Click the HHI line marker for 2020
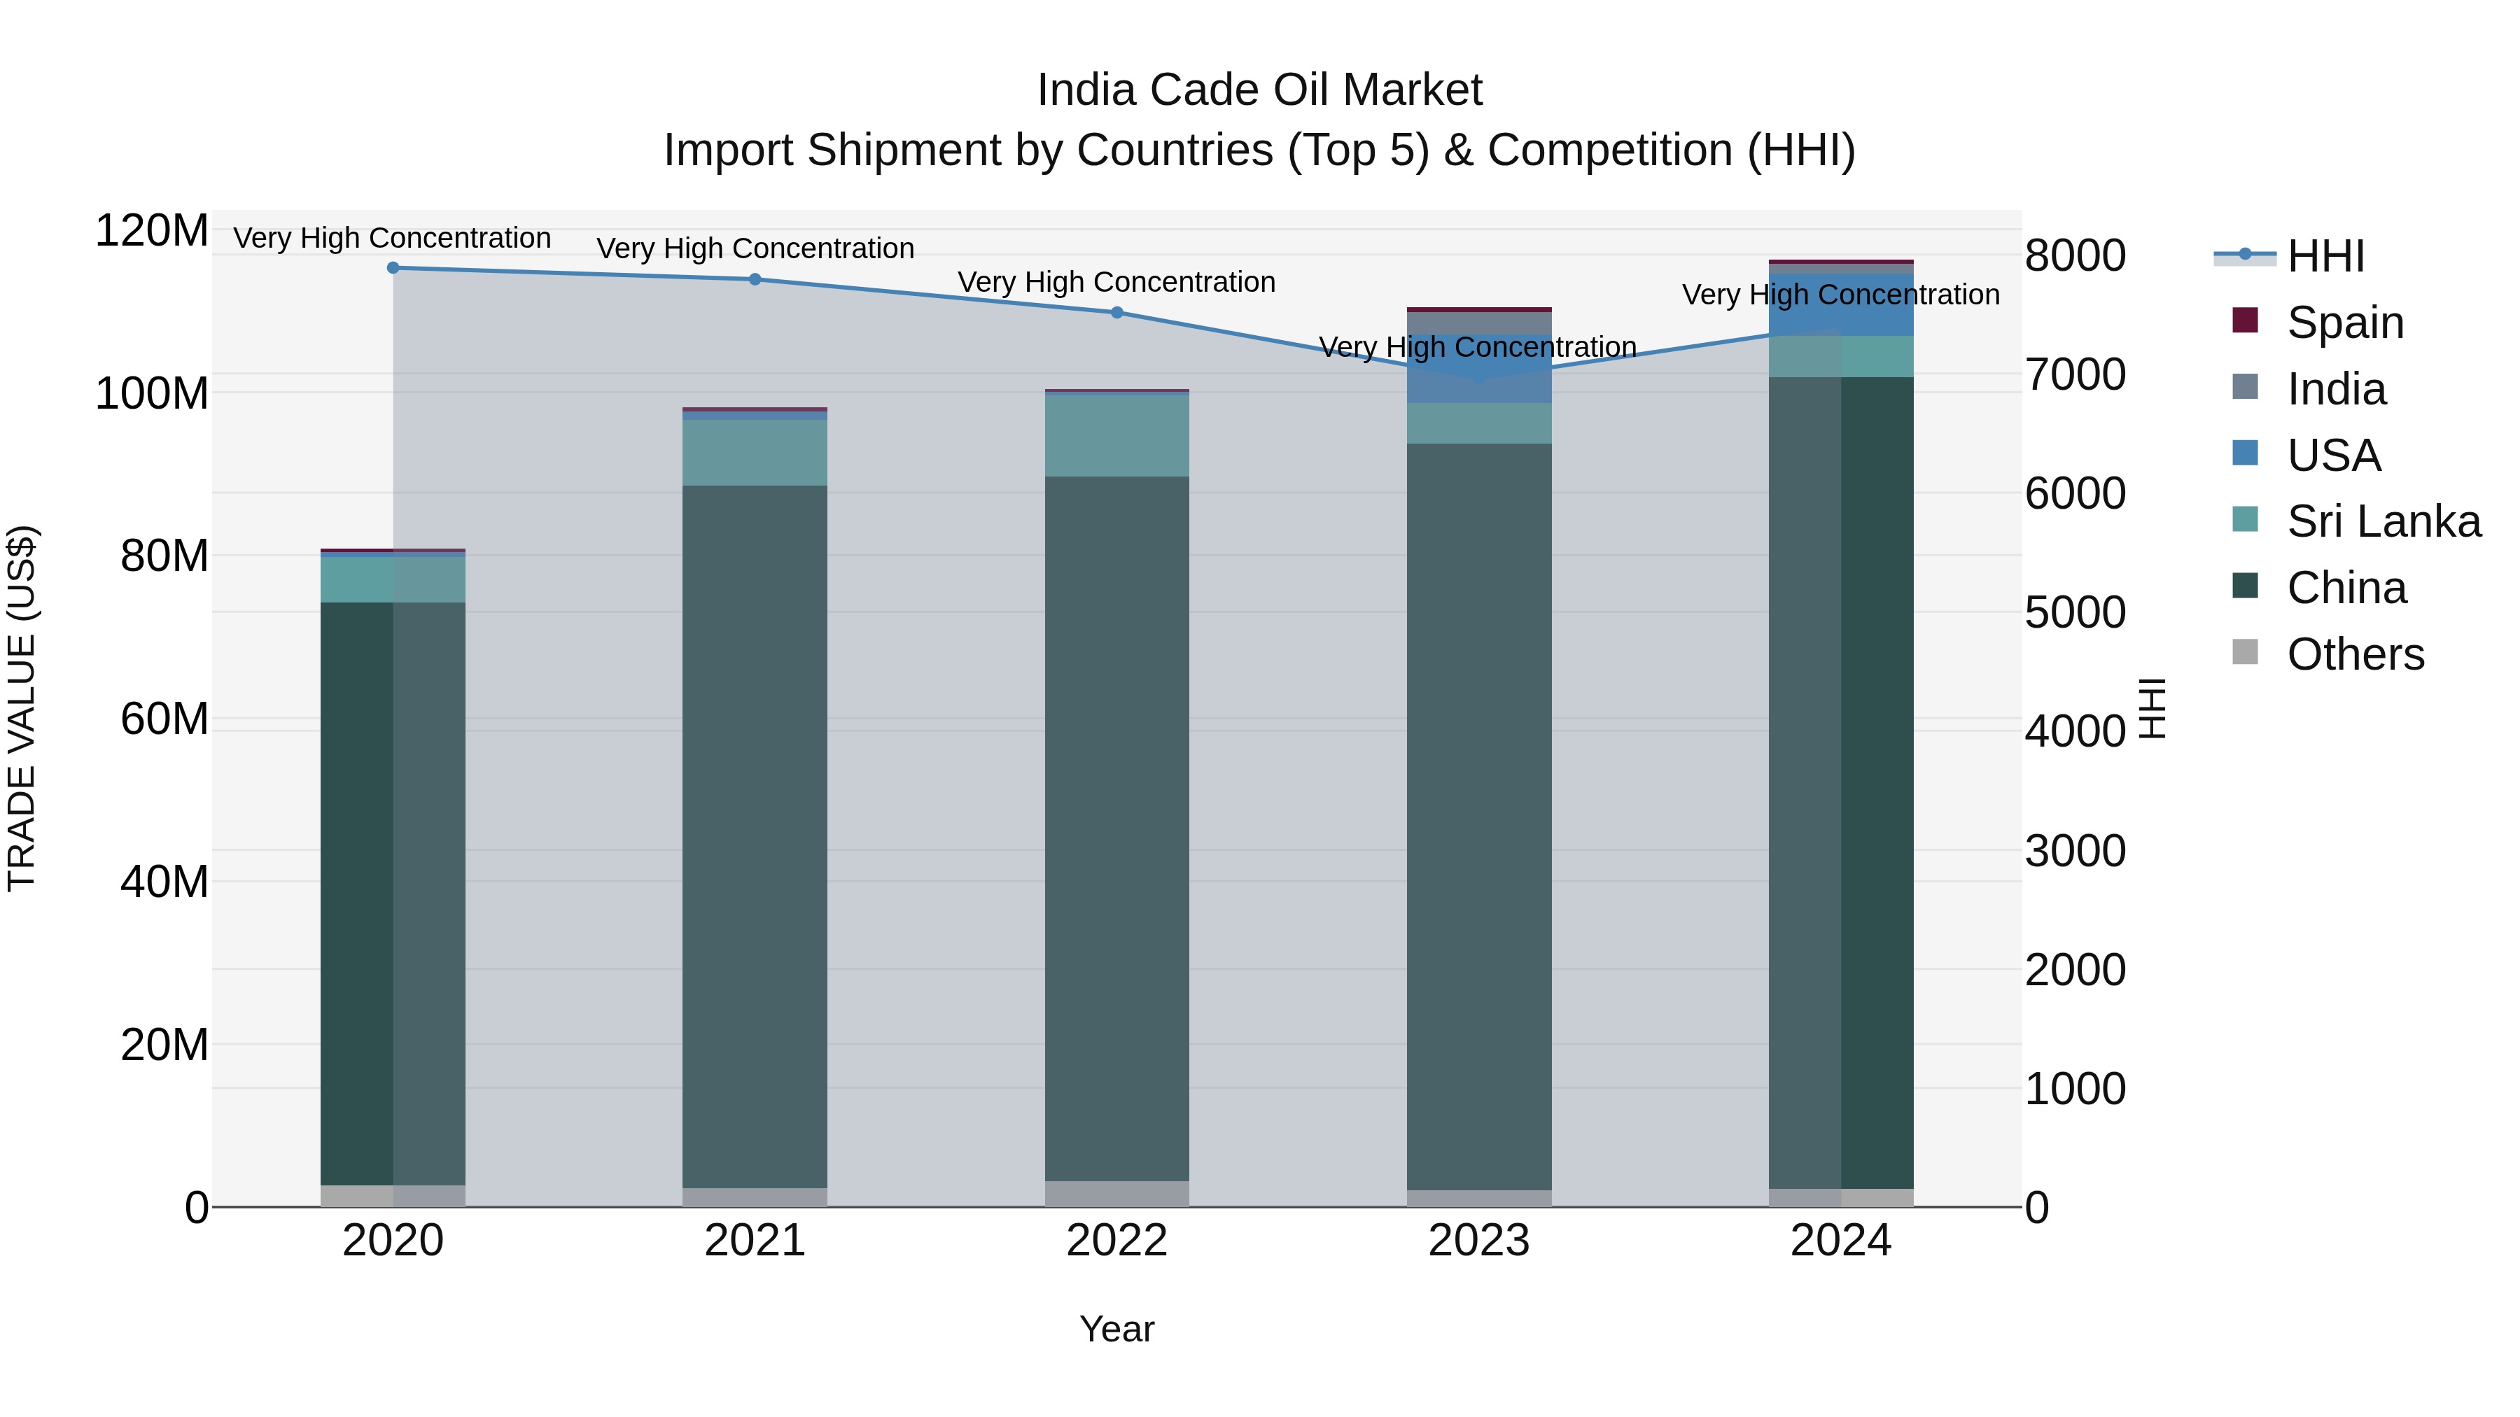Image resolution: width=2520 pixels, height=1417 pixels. click(x=393, y=267)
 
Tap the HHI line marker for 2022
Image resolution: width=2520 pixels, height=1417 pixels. click(x=1117, y=312)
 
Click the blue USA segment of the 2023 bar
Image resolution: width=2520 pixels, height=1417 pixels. click(x=1479, y=369)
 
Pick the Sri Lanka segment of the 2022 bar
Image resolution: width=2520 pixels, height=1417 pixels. click(x=1117, y=435)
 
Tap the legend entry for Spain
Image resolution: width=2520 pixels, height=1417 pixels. click(x=2343, y=322)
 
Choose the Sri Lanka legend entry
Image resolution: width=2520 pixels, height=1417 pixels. click(x=2382, y=521)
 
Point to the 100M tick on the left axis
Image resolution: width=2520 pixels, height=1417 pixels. click(x=152, y=393)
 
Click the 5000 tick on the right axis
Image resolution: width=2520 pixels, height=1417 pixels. click(x=2075, y=612)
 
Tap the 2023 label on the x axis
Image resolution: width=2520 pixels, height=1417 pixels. click(x=1479, y=1240)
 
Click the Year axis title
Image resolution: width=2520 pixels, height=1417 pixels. click(x=1116, y=1329)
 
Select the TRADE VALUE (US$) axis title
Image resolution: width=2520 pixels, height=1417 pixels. click(x=22, y=708)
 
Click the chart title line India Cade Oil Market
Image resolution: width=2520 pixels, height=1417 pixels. click(x=1259, y=90)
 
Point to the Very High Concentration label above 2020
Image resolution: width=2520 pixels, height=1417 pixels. click(x=392, y=238)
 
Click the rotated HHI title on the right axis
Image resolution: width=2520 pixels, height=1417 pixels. click(x=2153, y=708)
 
